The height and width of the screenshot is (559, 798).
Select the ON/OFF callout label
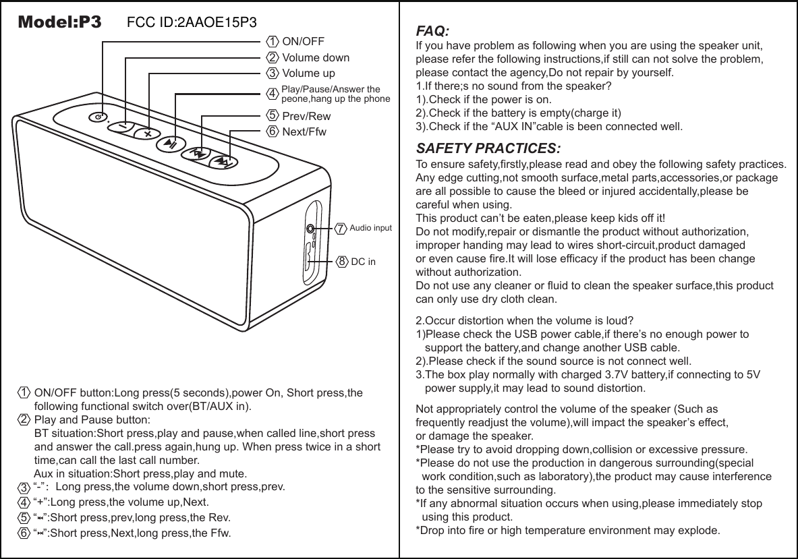click(303, 42)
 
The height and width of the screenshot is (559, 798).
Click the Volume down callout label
click(316, 57)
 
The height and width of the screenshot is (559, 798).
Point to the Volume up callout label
click(308, 73)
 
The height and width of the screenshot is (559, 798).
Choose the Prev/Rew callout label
click(306, 116)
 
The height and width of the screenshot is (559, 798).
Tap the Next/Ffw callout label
click(304, 131)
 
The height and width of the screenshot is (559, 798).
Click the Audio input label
click(370, 229)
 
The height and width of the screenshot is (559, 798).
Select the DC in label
click(364, 260)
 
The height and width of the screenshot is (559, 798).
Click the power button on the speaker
click(99, 117)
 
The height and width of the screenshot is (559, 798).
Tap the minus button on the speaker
click(123, 125)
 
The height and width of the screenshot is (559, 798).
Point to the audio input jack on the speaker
click(310, 229)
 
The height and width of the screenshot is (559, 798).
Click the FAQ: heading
click(432, 32)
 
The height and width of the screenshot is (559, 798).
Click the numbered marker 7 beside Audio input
click(341, 229)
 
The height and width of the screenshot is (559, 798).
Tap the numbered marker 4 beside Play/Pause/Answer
click(272, 93)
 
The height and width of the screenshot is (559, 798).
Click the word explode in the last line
click(701, 530)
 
